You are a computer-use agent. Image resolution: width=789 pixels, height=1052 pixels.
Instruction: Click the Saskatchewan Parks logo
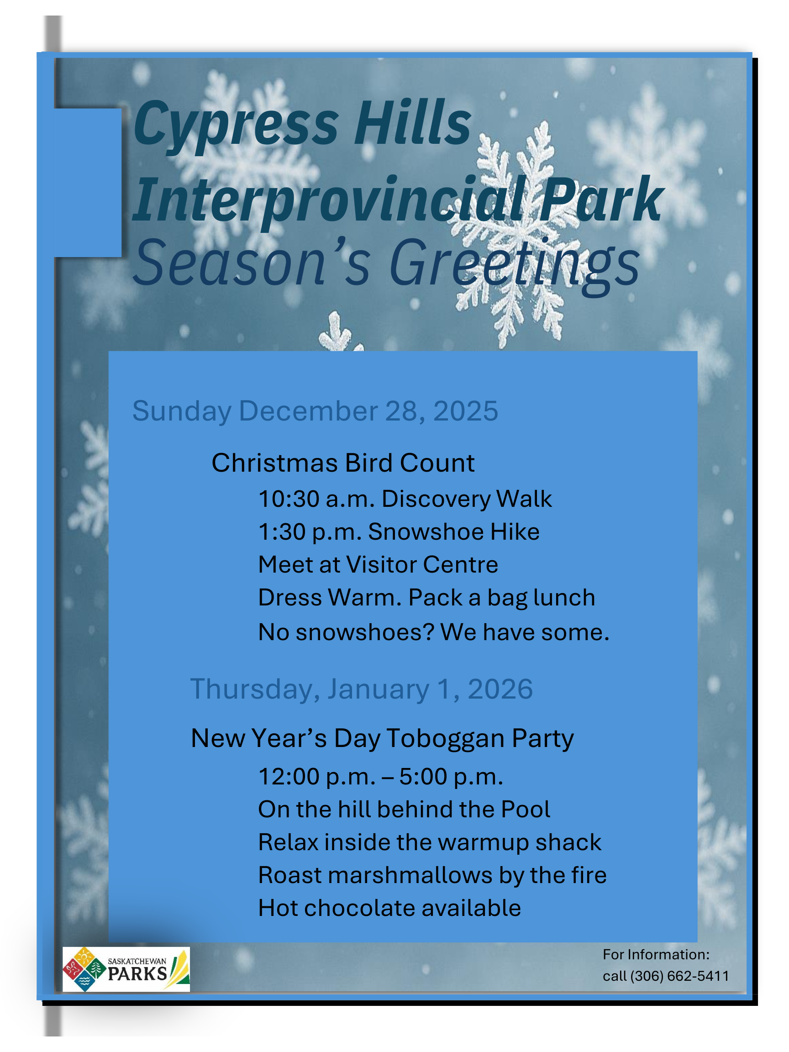pos(126,969)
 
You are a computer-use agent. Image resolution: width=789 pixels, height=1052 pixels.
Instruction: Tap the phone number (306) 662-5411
pos(679,976)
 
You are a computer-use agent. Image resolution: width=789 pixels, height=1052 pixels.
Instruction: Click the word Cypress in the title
pos(236,125)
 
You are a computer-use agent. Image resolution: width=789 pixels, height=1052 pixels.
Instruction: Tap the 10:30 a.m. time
pos(317,499)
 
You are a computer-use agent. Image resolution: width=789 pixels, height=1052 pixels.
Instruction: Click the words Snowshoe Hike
pos(454,531)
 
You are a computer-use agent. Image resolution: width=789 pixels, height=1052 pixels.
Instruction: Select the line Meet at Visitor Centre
pos(378,564)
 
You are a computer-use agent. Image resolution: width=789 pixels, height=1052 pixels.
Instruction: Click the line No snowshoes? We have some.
pos(434,632)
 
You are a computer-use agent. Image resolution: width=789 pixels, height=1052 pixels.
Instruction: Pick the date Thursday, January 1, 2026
pos(362,689)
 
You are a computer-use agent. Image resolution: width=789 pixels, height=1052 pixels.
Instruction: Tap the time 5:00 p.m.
pos(451,777)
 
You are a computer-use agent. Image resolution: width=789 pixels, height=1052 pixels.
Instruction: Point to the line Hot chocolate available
pos(389,908)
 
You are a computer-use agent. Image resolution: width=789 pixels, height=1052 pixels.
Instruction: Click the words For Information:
pos(656,954)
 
